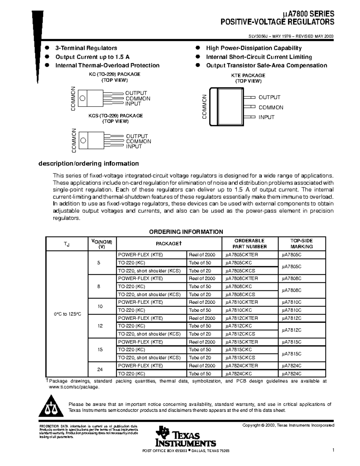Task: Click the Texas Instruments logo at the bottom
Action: [186, 436]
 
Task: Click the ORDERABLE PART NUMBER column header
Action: [250, 244]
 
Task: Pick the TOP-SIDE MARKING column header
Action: [301, 244]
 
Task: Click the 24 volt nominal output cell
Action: [100, 370]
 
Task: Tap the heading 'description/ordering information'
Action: [88, 164]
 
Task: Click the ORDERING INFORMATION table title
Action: [186, 232]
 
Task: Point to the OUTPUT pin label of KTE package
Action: [269, 97]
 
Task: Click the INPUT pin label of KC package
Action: [133, 104]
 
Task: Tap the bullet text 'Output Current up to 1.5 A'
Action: [92, 57]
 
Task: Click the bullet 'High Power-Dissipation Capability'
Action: [253, 48]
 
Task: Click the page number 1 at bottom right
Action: [333, 450]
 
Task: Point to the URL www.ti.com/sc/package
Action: [74, 387]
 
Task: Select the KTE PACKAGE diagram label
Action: [248, 76]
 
